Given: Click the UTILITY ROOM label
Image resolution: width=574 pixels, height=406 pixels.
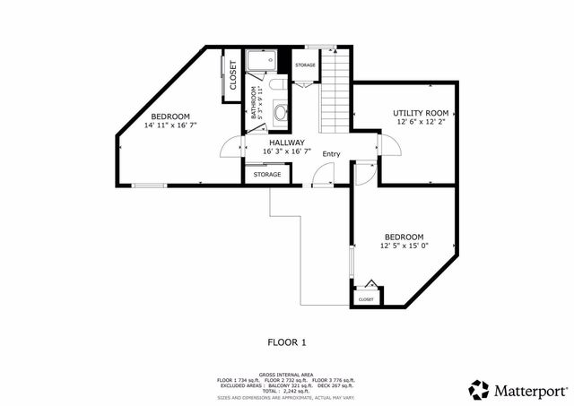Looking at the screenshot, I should click(x=421, y=113).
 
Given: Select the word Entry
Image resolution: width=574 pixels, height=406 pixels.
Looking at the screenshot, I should click(x=332, y=154).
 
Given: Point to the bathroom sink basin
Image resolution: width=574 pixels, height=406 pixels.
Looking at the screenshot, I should click(x=281, y=113).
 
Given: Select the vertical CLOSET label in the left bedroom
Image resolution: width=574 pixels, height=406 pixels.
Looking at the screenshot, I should click(x=232, y=75).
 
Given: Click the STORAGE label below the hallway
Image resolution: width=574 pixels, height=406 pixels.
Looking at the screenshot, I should click(x=266, y=174).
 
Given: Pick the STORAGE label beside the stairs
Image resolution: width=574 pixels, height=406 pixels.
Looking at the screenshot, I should click(x=305, y=65).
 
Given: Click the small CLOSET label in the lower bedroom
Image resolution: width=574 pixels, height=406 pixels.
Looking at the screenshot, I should click(x=366, y=298).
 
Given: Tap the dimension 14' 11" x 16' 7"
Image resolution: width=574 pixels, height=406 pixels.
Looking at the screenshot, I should click(x=170, y=126).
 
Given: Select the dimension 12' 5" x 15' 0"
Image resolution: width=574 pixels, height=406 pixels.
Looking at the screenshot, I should click(x=402, y=246).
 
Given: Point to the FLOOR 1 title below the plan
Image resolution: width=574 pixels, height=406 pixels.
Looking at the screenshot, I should click(x=287, y=341).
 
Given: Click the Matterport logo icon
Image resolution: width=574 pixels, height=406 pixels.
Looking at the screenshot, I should click(x=479, y=389).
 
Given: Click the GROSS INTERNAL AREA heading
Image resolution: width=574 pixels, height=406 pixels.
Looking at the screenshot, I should click(x=286, y=375).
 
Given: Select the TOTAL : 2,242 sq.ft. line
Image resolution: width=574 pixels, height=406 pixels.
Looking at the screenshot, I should click(x=286, y=392).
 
